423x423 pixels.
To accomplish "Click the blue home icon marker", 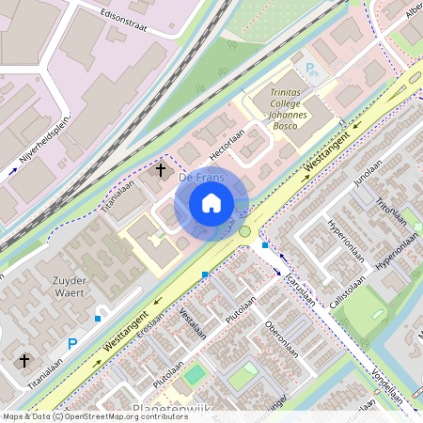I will point(211,202).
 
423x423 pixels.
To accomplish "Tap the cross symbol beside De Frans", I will point(161,171).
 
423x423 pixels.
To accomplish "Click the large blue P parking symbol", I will point(71,345).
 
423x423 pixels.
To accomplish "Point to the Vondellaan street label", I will point(387,386).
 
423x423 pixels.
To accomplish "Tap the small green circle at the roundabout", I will point(245,231).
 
